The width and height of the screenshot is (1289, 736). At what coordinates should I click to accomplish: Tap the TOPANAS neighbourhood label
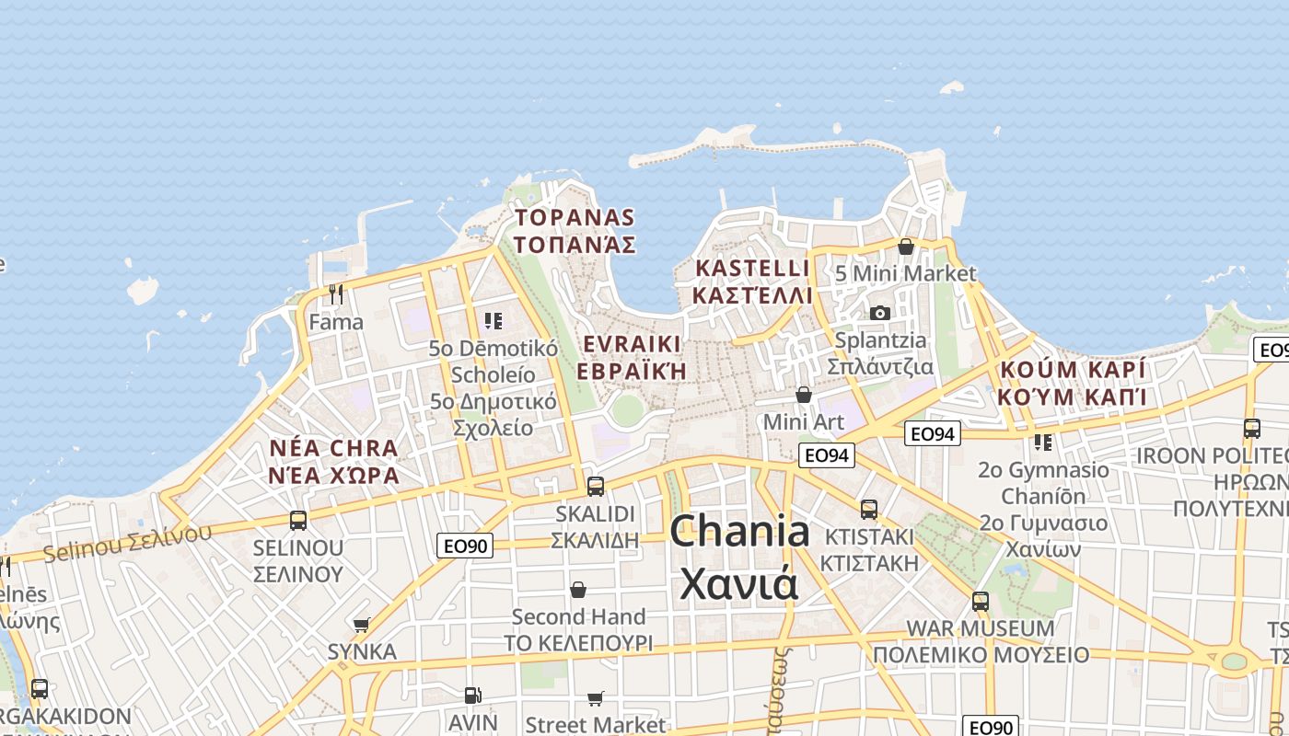point(575,218)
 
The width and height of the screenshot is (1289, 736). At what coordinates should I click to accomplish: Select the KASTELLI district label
point(752,269)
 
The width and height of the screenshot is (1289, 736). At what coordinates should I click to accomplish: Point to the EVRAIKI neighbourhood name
point(633,344)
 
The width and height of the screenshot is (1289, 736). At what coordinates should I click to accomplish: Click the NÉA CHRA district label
point(333,448)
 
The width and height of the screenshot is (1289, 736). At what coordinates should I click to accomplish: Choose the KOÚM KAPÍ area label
point(1073,370)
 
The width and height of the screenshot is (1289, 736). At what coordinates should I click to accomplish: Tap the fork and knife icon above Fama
point(336,294)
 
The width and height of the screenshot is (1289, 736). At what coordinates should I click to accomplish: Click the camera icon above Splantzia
point(880,313)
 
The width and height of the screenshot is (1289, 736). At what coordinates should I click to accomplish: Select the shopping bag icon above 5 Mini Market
point(905,247)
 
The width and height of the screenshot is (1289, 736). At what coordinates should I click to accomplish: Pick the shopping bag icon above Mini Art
point(804,395)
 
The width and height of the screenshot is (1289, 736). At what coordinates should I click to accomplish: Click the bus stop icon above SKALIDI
point(596,486)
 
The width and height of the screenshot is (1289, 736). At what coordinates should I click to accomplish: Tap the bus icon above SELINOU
point(298,521)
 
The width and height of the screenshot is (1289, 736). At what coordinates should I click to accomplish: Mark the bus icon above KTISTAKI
point(869,509)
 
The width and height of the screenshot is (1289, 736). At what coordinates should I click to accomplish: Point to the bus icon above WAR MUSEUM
point(981,602)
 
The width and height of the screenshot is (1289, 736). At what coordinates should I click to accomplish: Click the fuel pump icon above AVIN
point(472,696)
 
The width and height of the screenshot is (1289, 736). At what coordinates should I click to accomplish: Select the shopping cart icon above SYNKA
point(362,625)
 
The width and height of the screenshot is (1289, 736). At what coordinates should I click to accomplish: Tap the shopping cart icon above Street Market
point(596,699)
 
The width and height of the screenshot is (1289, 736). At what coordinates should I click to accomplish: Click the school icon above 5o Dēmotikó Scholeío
point(494,320)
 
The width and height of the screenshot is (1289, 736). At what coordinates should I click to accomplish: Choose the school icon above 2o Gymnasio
point(1043,443)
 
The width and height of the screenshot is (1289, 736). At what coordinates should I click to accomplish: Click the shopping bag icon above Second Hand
point(578,590)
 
